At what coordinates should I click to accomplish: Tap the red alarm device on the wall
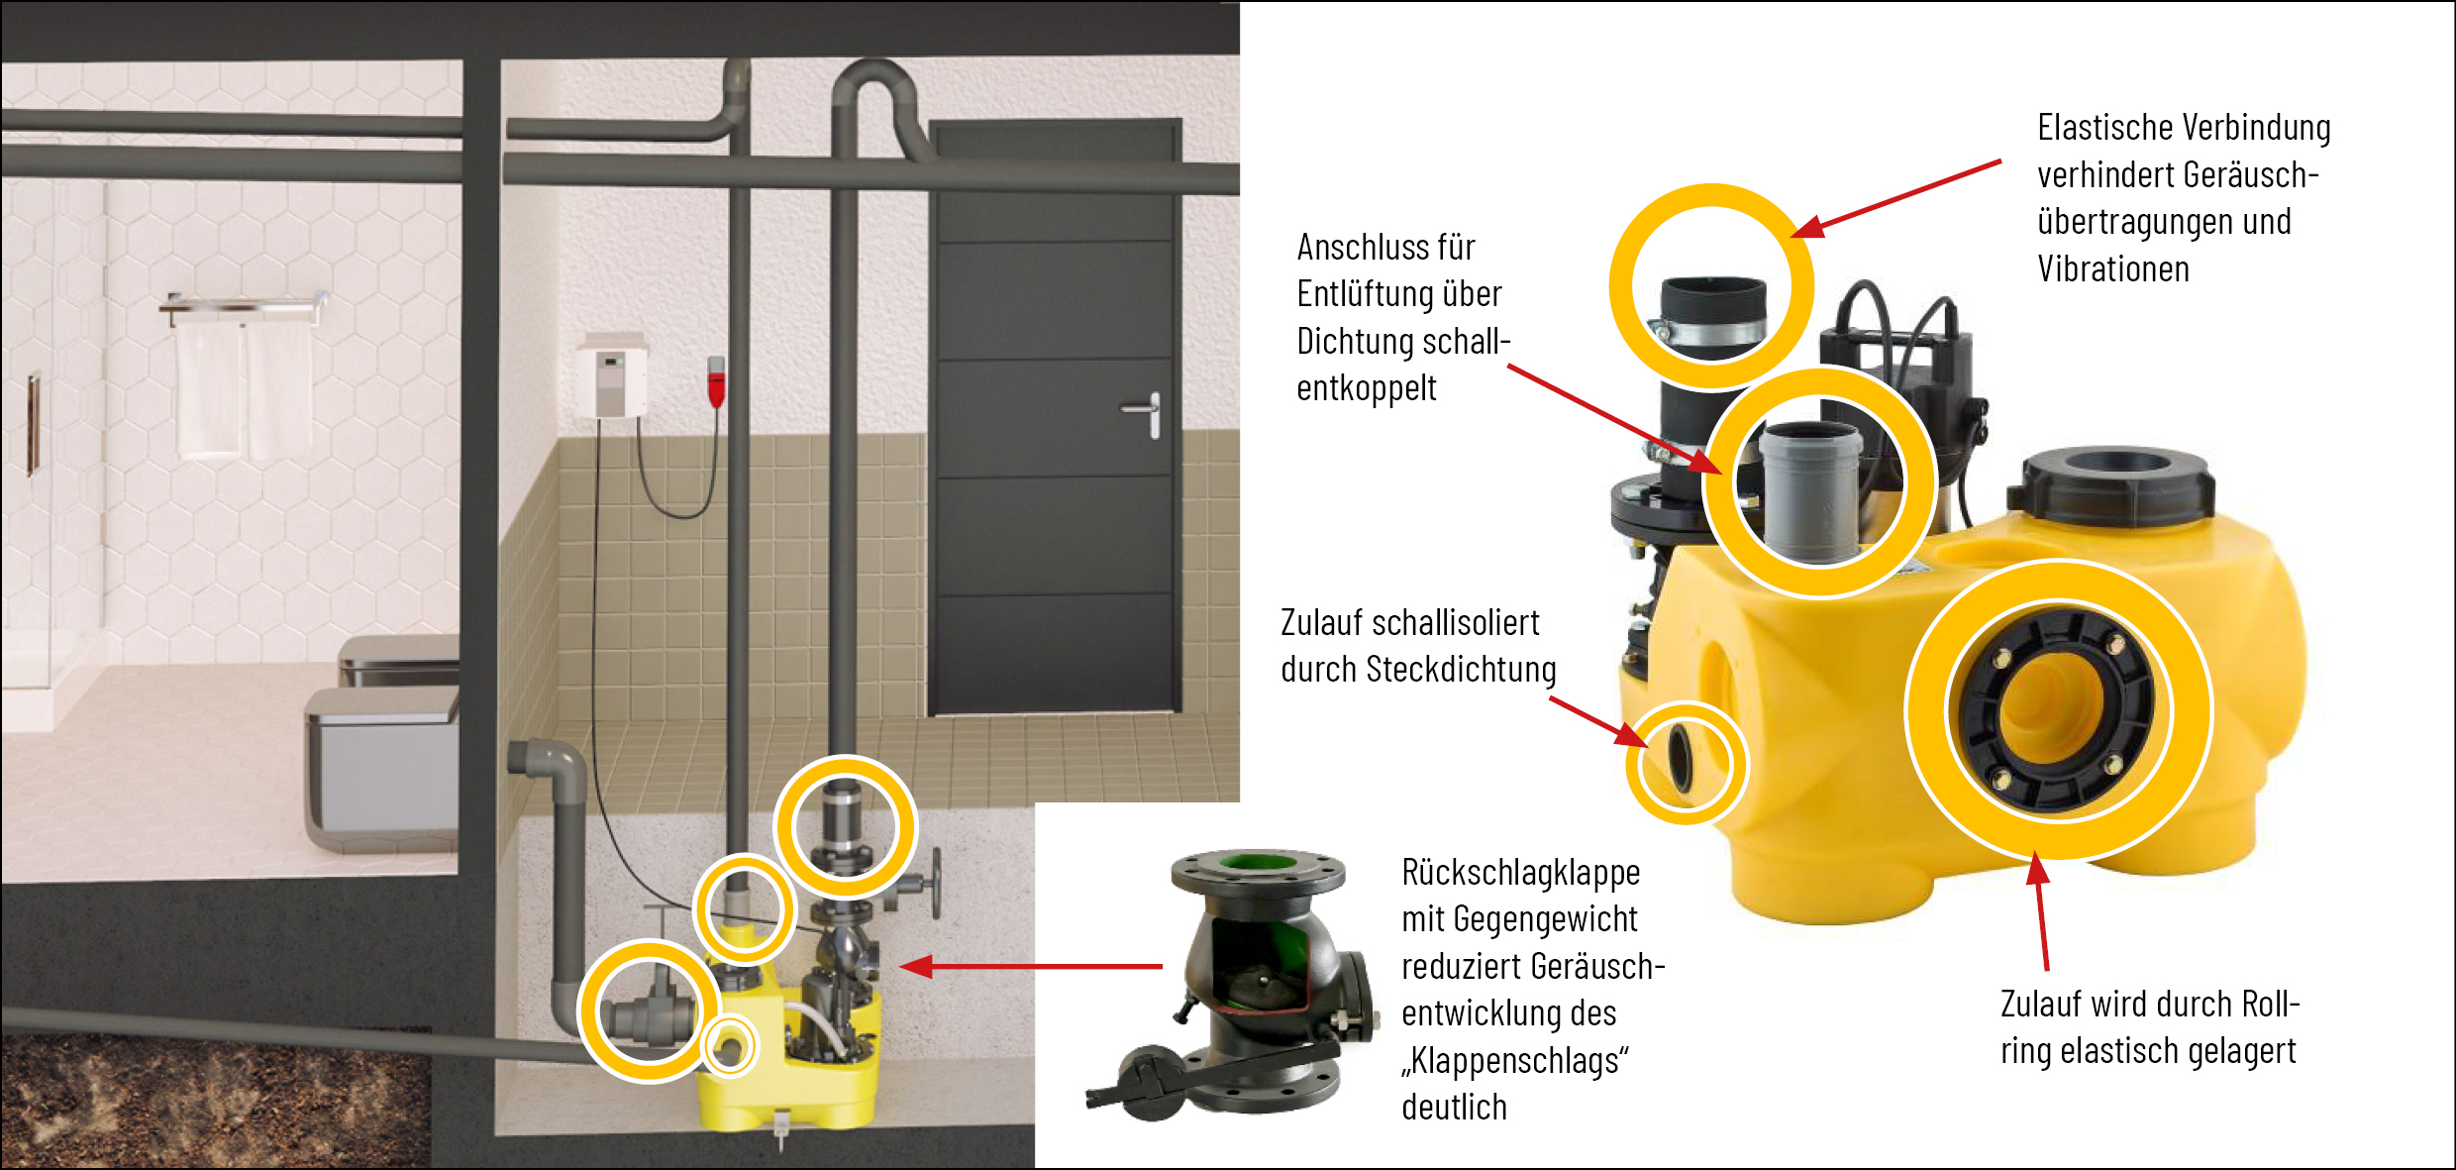point(716,382)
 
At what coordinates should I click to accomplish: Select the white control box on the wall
point(613,377)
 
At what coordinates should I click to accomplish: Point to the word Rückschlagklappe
point(1521,872)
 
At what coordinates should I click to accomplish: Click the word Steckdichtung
point(1462,670)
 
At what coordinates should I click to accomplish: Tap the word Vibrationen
point(2113,268)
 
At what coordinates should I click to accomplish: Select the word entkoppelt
point(1367,388)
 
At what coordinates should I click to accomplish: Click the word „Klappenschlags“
point(1515,1060)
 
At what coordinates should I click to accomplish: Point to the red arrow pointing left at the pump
point(1031,966)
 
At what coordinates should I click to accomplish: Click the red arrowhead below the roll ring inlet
point(2037,869)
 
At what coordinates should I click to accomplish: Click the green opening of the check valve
point(1258,863)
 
